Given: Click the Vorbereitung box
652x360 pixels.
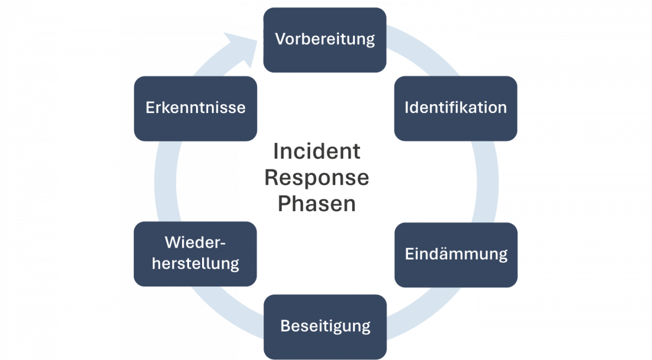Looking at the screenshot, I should click(324, 40).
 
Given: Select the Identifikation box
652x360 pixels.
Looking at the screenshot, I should click(455, 108).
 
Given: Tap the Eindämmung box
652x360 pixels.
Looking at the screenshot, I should click(456, 254).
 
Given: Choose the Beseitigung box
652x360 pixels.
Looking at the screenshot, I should click(325, 326).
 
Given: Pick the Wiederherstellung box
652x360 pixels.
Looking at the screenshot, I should click(195, 254).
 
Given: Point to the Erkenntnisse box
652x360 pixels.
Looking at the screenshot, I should click(195, 108).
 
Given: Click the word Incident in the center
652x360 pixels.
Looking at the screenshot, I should click(316, 151).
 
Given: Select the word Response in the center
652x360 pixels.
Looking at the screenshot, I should click(316, 178).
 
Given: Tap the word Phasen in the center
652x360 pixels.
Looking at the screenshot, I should click(317, 204).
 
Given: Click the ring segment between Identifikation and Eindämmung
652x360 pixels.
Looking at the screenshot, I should click(487, 181).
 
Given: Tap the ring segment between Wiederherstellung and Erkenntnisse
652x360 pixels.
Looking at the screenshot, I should click(165, 181).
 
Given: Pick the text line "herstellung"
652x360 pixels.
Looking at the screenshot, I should click(195, 264).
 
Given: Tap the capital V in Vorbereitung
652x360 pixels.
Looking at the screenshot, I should click(280, 40).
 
